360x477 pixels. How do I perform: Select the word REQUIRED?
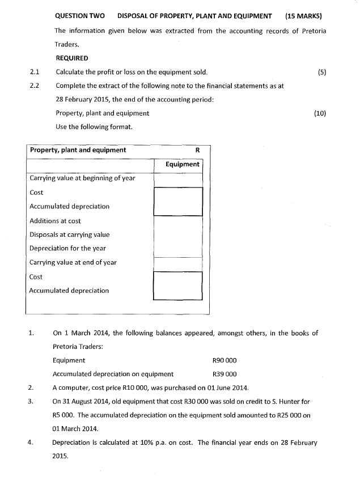click(x=72, y=58)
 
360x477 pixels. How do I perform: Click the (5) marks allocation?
click(x=322, y=72)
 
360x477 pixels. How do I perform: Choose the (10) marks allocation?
click(x=320, y=113)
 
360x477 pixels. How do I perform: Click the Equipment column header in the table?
click(x=182, y=164)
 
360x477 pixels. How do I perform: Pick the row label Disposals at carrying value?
click(x=69, y=235)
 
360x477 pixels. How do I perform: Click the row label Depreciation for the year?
click(x=67, y=248)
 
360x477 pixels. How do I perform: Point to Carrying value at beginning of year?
click(x=82, y=178)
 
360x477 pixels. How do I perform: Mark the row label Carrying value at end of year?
click(x=73, y=262)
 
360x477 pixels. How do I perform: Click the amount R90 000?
click(x=224, y=360)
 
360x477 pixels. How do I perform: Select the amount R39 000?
click(x=224, y=374)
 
